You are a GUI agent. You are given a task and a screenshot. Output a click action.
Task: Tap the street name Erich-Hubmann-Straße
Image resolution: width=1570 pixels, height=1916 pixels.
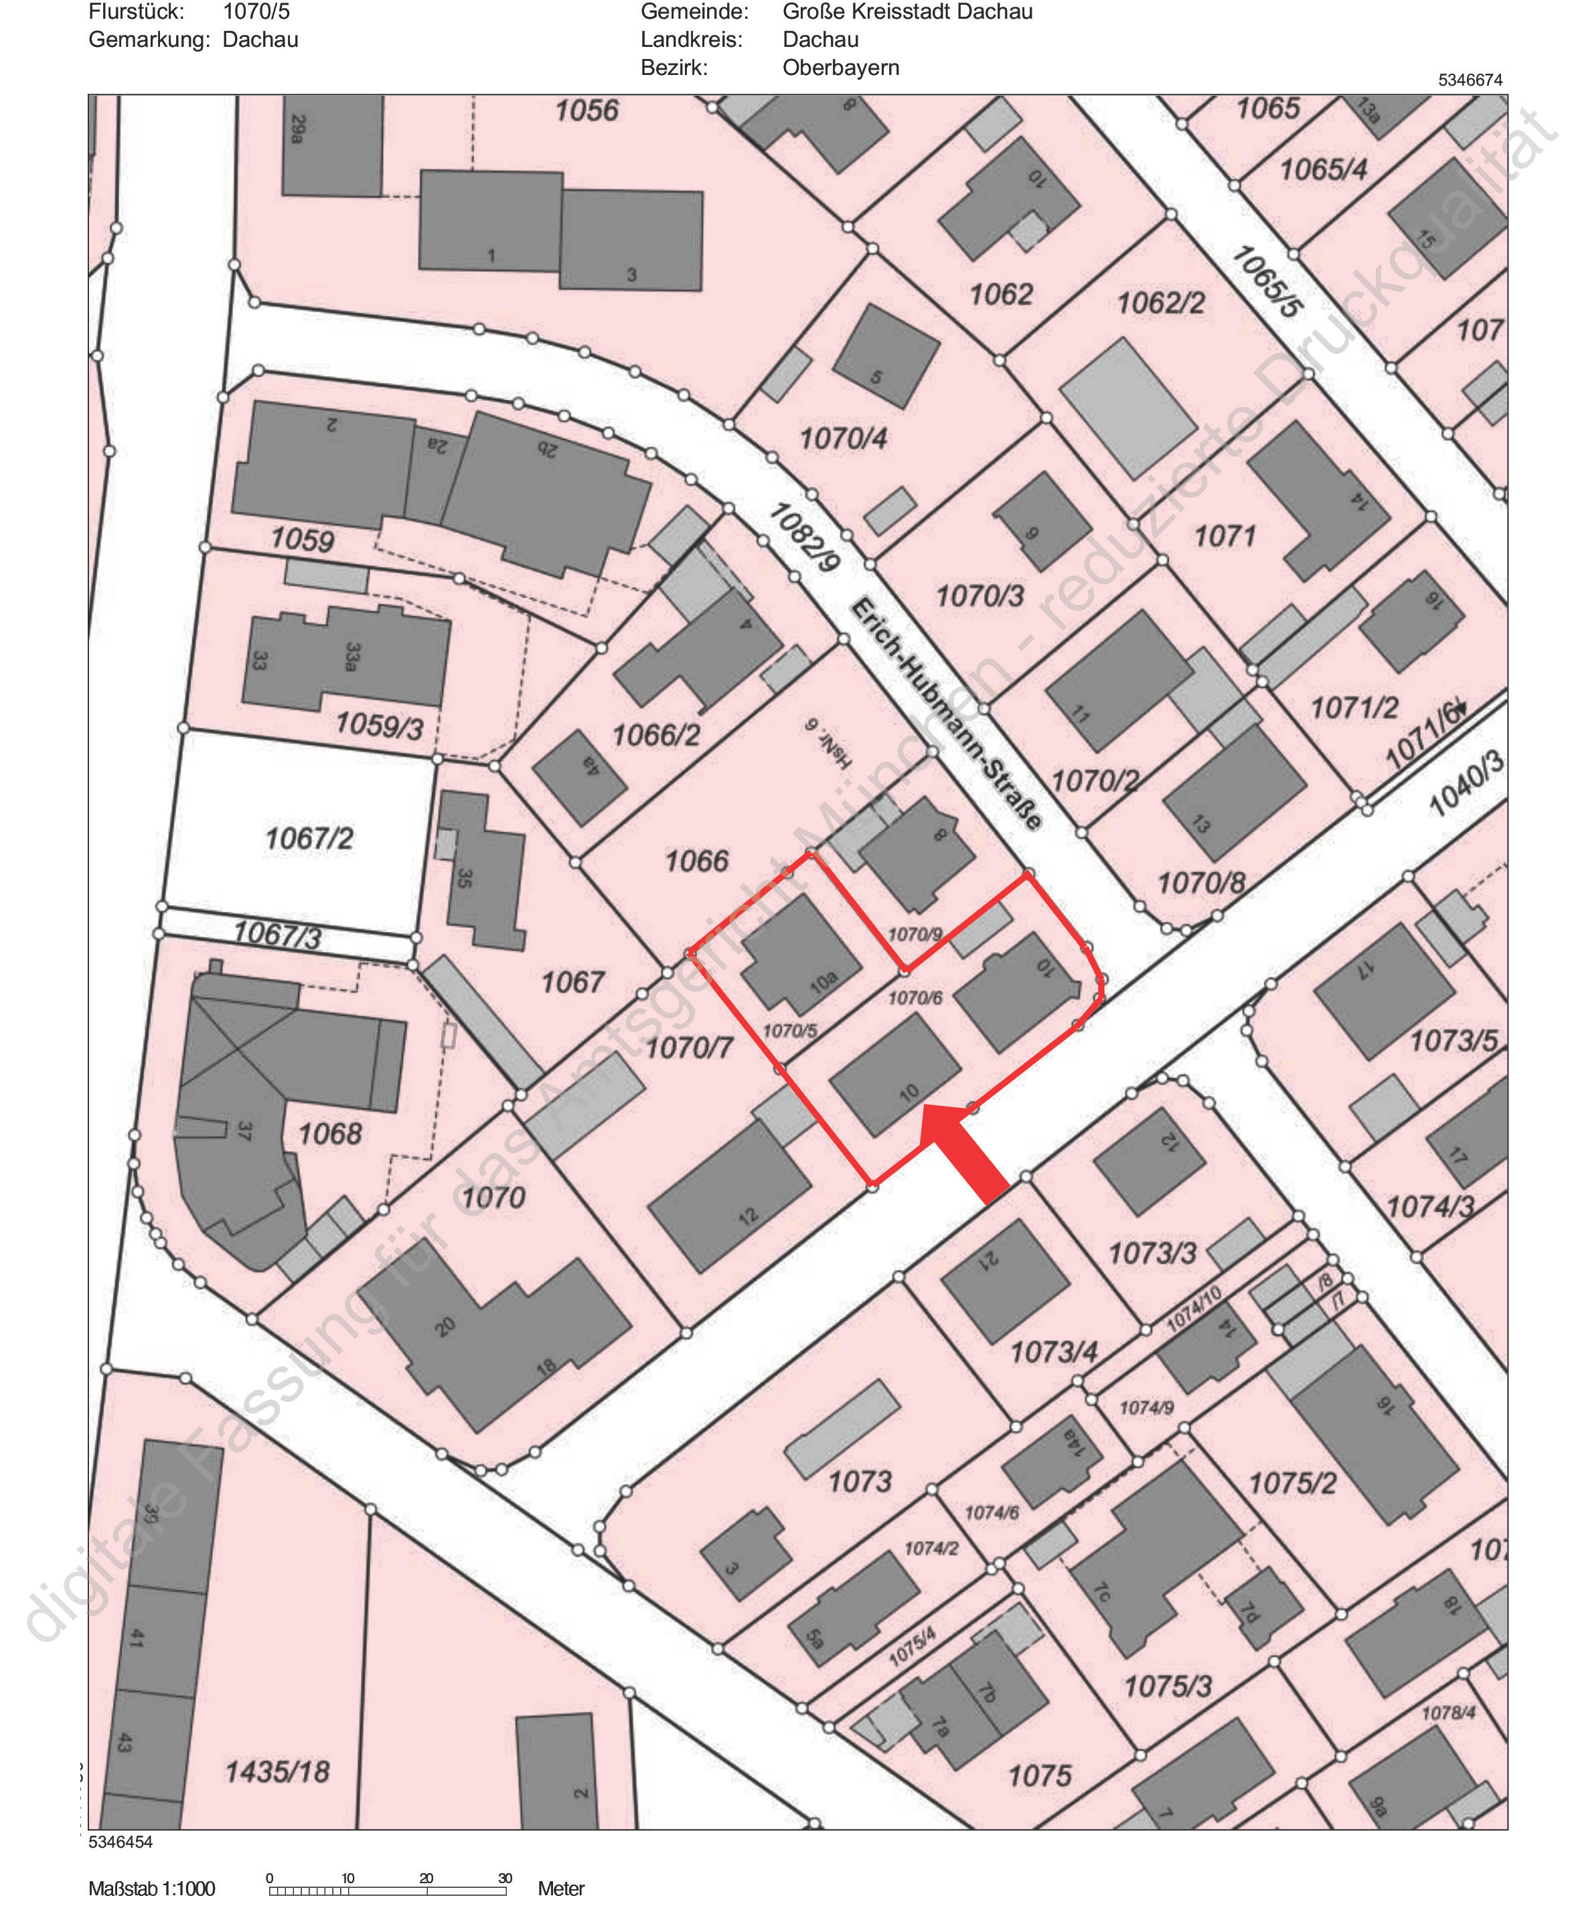[x=946, y=714]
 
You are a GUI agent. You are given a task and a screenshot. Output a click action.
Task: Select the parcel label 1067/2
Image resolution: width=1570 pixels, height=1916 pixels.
[x=309, y=838]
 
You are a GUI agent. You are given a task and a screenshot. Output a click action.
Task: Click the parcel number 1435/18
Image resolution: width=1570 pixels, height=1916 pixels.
[x=278, y=1771]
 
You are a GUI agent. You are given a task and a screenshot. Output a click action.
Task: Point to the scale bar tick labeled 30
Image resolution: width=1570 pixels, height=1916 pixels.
[x=505, y=1878]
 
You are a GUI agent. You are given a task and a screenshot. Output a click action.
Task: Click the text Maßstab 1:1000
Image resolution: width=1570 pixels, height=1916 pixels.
[x=152, y=1889]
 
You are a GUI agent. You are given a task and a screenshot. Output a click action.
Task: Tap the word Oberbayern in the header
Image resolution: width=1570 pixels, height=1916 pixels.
[x=840, y=68]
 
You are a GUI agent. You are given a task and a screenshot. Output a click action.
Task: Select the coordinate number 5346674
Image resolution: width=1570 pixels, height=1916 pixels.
[x=1470, y=80]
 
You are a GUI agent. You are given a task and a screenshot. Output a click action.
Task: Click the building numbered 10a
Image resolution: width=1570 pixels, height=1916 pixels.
[x=800, y=956]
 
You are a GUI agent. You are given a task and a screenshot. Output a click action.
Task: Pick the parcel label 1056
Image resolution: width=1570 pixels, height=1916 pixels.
[x=586, y=110]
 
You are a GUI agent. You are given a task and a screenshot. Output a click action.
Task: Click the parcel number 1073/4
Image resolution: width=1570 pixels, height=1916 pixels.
[x=1054, y=1352]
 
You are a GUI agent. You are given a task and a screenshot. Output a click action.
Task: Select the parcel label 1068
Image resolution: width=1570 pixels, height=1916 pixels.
[x=330, y=1133]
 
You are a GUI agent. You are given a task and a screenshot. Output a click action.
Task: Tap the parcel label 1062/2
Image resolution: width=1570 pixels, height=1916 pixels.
[x=1160, y=302]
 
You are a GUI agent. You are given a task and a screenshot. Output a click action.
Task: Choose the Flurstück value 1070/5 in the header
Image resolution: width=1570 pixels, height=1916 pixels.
[x=256, y=12]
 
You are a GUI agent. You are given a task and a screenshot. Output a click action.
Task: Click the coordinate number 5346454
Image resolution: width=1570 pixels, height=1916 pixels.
[x=121, y=1842]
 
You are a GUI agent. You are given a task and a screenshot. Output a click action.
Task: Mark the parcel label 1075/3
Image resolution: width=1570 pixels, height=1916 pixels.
[x=1167, y=1686]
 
